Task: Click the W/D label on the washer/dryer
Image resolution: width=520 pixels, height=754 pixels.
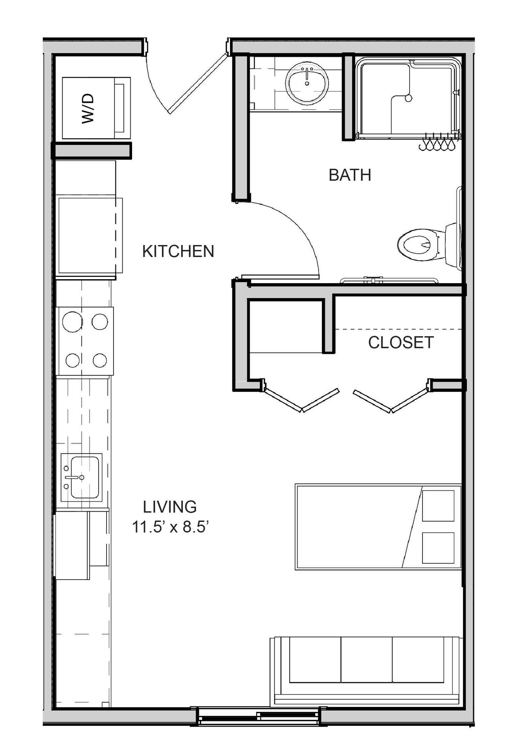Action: (88, 108)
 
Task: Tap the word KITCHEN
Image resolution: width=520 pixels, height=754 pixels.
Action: (178, 251)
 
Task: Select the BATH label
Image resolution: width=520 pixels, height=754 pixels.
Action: (350, 175)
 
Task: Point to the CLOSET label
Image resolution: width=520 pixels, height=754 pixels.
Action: (401, 342)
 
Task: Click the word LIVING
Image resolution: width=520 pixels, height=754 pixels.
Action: (170, 507)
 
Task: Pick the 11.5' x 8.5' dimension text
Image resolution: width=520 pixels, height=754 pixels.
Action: (170, 527)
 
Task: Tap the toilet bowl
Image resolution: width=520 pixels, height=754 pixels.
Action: (418, 245)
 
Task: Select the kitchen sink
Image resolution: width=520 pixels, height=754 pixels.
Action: (81, 477)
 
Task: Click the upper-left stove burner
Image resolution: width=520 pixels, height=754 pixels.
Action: (72, 322)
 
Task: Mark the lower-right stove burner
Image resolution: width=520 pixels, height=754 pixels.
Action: (100, 360)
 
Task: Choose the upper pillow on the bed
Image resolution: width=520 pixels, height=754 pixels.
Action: (438, 506)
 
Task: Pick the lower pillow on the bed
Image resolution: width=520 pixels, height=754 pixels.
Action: (438, 548)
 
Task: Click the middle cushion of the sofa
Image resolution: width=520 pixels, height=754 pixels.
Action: (366, 660)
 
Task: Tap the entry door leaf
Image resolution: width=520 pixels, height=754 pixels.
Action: (197, 83)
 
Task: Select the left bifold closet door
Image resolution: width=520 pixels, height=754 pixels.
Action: (301, 400)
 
